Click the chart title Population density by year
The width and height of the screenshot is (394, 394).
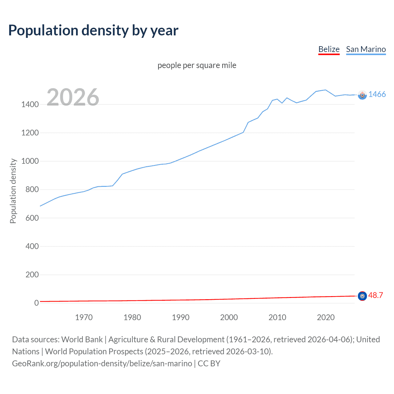(93, 30)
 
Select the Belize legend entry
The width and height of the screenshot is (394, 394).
(329, 49)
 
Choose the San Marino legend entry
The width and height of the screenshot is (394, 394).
(366, 49)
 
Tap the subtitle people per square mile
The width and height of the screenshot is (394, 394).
(197, 65)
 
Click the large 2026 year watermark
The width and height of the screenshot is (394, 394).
(73, 97)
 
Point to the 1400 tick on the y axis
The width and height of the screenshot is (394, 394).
(30, 104)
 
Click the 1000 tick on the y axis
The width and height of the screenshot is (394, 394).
(30, 161)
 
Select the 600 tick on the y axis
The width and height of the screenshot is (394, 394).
(32, 218)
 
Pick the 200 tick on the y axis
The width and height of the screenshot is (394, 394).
(32, 275)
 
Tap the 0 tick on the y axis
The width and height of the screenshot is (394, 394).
(36, 303)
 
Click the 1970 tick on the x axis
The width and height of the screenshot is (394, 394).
(84, 317)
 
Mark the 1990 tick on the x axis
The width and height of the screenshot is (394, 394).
(181, 317)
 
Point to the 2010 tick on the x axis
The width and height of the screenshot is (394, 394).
(277, 317)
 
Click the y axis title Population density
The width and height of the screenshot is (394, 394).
(13, 191)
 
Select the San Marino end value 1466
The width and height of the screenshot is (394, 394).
(377, 94)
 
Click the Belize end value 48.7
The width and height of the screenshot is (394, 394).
(376, 295)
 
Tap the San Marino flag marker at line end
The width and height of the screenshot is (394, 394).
(362, 95)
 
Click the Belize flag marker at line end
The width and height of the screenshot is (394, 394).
(362, 296)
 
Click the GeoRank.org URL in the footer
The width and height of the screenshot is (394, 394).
(102, 364)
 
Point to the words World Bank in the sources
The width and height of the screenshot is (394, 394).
(82, 340)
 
